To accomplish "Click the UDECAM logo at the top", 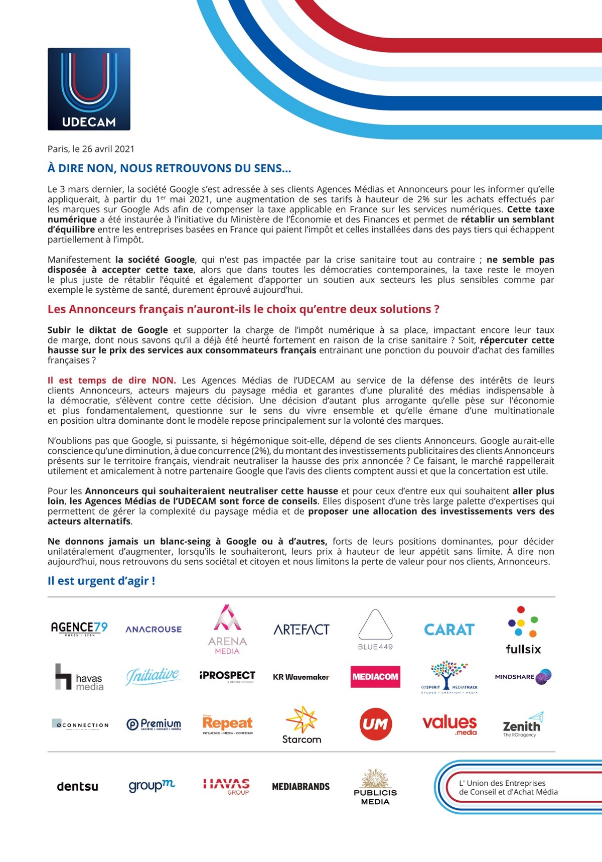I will coord(89,89).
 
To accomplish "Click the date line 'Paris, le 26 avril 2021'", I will coord(91,149).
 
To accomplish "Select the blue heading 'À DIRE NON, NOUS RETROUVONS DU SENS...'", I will coord(169,169).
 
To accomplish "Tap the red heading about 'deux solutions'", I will coord(243,309).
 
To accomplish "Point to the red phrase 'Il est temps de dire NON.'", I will coord(111,381).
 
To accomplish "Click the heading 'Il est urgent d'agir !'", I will coord(101,581).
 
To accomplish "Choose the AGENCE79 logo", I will coord(79,629).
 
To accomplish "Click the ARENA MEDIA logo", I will coord(227,630).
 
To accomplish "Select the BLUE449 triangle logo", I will coord(375,630).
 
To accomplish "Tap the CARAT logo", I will coord(449,630).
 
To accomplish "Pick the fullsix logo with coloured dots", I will coord(523,631).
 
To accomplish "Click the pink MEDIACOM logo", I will coord(375,677).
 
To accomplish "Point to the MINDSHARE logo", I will coord(523,677).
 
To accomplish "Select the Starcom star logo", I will coord(302,725).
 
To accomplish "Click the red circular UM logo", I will coord(375,724).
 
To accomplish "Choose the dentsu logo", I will coord(78,787).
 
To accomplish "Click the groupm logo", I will coord(152,786).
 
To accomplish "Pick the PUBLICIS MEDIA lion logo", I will coord(375,787).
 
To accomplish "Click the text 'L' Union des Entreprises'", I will coord(502,783).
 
